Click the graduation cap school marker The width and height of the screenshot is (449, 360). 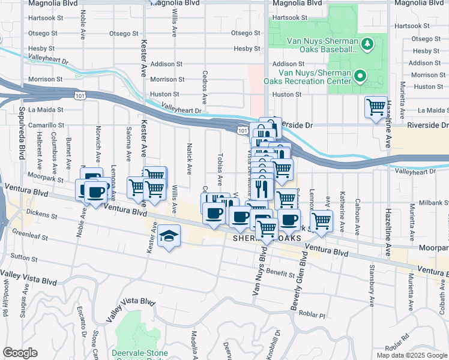(170, 236)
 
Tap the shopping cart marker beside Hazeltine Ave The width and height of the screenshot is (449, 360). (376, 108)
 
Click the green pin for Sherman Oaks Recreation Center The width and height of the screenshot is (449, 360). (360, 76)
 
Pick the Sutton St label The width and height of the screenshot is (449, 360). (23, 259)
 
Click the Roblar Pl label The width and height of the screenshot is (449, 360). (330, 316)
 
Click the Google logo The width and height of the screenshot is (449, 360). (20, 353)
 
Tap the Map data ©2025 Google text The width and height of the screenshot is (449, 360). (411, 355)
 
